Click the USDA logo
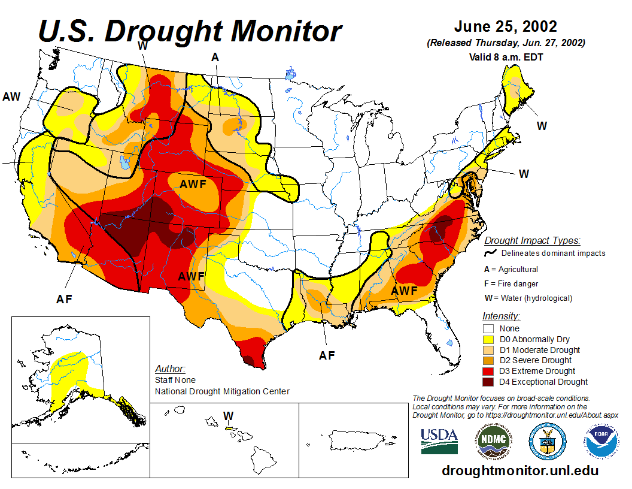[439, 441]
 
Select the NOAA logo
[601, 442]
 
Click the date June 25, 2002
[506, 27]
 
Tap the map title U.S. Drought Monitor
[190, 31]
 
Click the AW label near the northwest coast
[12, 96]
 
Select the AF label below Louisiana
[327, 355]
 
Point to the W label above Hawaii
[228, 415]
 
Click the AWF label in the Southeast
[404, 291]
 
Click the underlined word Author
[170, 369]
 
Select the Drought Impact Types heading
[532, 241]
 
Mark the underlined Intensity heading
[501, 316]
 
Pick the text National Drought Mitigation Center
[222, 391]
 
